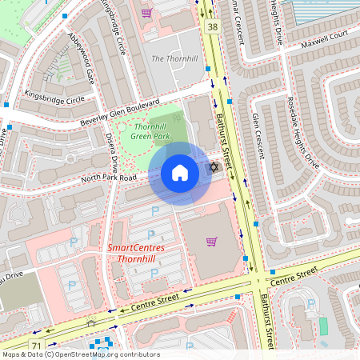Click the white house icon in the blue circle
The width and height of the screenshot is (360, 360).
coord(180,173)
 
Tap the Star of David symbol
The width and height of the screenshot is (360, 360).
coord(213,168)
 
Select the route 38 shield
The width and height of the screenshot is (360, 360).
coord(212,26)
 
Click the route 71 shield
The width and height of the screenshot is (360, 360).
coord(36,345)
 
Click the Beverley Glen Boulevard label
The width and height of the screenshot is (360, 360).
coord(115,114)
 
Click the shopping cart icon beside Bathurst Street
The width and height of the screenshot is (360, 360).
coord(211,242)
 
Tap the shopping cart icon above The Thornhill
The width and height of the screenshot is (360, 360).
coord(146,13)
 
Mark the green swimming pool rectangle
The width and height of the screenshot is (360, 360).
coord(323,326)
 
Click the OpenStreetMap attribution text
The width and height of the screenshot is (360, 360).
coord(80,354)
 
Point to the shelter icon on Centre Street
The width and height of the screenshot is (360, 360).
coord(90,323)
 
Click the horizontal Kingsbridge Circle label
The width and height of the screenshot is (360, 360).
coord(54,101)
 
